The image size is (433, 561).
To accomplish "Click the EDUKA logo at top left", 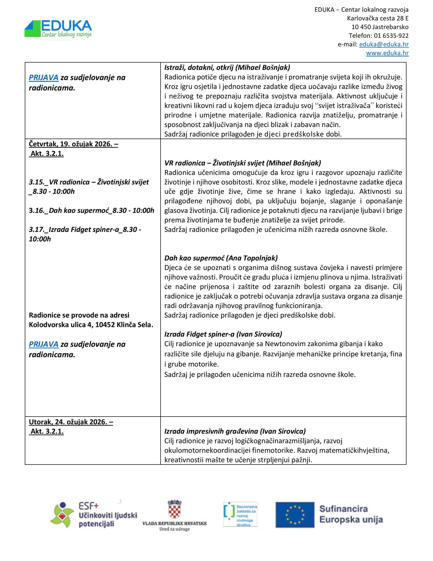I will click(58, 29).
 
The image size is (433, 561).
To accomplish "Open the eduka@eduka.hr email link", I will click(384, 44).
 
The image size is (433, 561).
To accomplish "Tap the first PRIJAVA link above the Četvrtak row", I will click(44, 78).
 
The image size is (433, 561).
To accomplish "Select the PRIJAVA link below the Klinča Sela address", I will click(44, 344).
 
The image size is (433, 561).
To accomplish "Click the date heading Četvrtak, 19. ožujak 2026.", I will click(73, 144).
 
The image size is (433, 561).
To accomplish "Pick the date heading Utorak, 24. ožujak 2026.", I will click(71, 422).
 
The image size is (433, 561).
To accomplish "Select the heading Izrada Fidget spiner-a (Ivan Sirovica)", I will click(223, 334).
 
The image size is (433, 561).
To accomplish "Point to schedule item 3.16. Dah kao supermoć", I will click(91, 210).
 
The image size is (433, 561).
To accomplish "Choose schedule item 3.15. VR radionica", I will click(89, 182).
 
